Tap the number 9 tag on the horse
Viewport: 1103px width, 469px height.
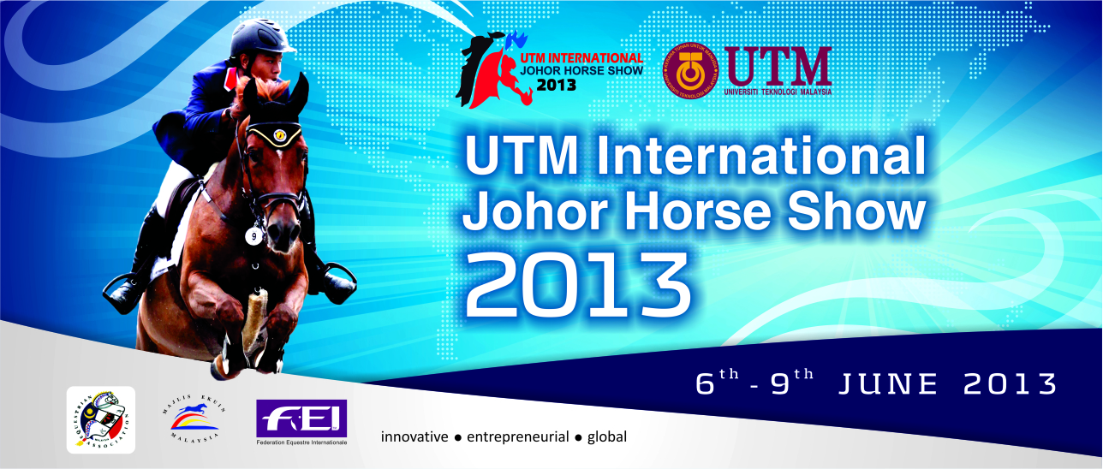point(253,235)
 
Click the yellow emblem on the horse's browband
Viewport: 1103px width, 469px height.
point(278,134)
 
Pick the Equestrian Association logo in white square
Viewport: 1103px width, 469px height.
point(101,419)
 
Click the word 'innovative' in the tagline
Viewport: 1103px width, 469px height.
point(414,437)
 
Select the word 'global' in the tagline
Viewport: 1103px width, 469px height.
point(607,437)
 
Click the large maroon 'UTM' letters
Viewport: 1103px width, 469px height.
point(778,64)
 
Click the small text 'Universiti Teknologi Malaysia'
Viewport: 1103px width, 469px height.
point(778,92)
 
